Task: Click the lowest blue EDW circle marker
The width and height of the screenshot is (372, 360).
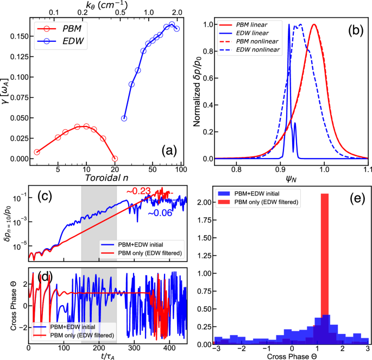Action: tap(124, 118)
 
